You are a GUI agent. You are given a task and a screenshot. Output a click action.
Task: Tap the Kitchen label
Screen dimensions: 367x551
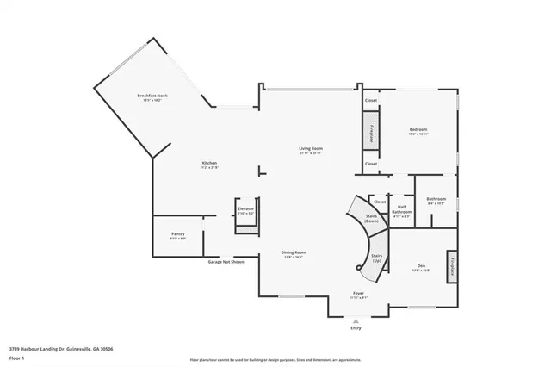tap(209, 163)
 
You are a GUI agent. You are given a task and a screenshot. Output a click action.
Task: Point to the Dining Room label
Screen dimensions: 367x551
tap(294, 252)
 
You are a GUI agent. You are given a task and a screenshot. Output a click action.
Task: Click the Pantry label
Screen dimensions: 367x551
tap(178, 233)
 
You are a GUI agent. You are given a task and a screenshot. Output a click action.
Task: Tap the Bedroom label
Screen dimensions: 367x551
tap(418, 130)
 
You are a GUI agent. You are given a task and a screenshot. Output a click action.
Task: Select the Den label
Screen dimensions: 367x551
tap(421, 265)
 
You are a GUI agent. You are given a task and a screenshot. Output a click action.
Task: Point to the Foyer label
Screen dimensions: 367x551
tap(358, 294)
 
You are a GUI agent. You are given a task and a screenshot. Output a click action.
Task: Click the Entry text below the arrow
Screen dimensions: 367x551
tap(356, 328)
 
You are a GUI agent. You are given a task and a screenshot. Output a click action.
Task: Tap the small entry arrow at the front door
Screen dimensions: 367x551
tap(356, 320)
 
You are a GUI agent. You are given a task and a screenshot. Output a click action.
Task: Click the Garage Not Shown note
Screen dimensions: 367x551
tap(226, 261)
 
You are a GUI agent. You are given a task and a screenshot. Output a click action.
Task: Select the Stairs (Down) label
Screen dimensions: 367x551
tap(372, 220)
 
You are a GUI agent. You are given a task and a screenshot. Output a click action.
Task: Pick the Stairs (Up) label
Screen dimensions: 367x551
tap(376, 257)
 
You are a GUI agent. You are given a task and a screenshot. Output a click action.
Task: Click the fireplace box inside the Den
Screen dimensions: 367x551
tap(450, 266)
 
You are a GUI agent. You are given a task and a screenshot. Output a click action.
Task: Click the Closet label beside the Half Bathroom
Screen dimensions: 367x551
tap(380, 202)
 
